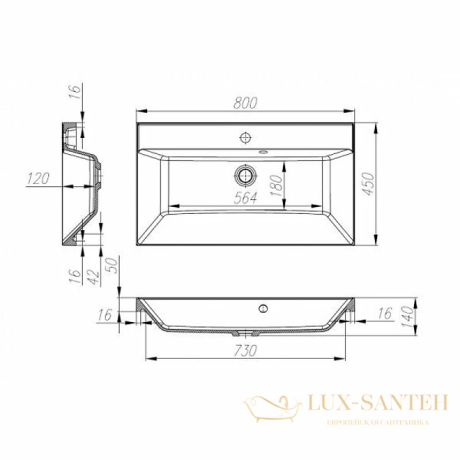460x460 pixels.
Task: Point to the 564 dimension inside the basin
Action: click(x=245, y=197)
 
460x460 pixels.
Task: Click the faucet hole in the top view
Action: click(x=245, y=138)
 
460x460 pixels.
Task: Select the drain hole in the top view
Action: click(x=245, y=175)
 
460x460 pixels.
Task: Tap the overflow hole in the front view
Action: click(x=262, y=309)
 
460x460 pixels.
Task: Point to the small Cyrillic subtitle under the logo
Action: click(x=376, y=422)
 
